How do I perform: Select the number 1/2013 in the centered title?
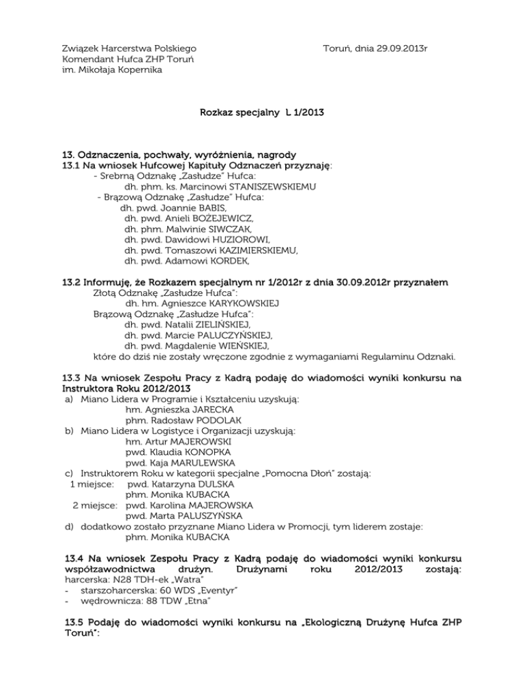304,110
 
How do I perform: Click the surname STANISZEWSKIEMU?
269,187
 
